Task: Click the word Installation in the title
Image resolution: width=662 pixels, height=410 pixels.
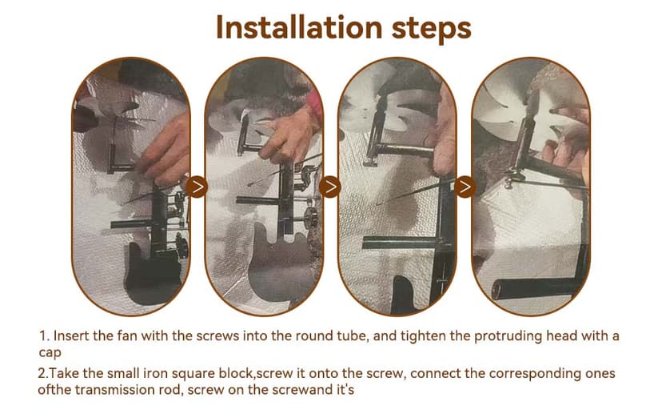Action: tap(299, 27)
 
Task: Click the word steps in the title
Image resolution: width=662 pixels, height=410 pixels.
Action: tap(431, 29)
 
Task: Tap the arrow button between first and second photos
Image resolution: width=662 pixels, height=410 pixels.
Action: tap(197, 187)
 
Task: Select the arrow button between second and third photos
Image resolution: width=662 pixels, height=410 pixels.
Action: tap(329, 187)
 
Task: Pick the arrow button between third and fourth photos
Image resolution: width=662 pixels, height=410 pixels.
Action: tap(465, 187)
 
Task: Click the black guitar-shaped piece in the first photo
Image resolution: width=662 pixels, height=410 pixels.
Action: tap(153, 275)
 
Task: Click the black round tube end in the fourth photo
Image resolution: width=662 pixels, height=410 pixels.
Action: tap(498, 290)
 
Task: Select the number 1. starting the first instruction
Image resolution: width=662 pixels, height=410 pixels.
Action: tap(45, 336)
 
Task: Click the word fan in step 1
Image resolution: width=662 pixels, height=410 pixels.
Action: tap(127, 336)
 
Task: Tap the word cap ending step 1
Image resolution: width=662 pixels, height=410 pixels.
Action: tap(50, 353)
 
